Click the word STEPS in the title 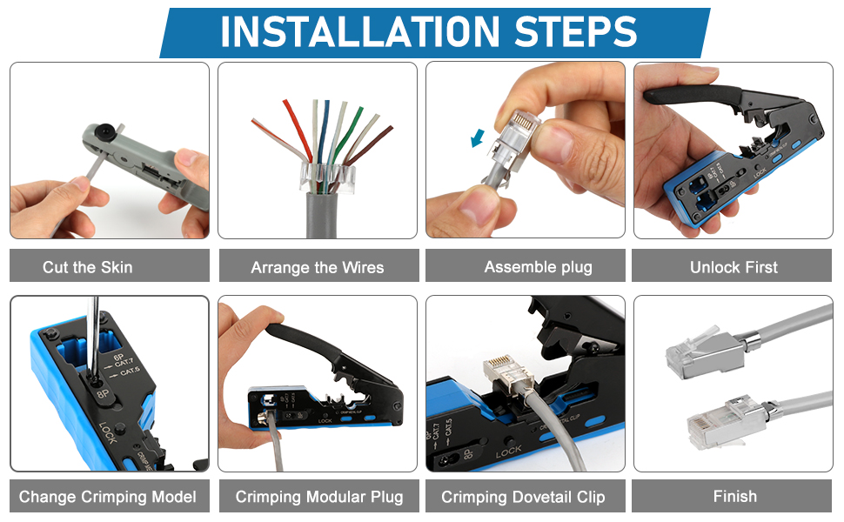(578, 32)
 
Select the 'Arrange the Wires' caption (317, 267)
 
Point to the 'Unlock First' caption (733, 267)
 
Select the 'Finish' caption (734, 497)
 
